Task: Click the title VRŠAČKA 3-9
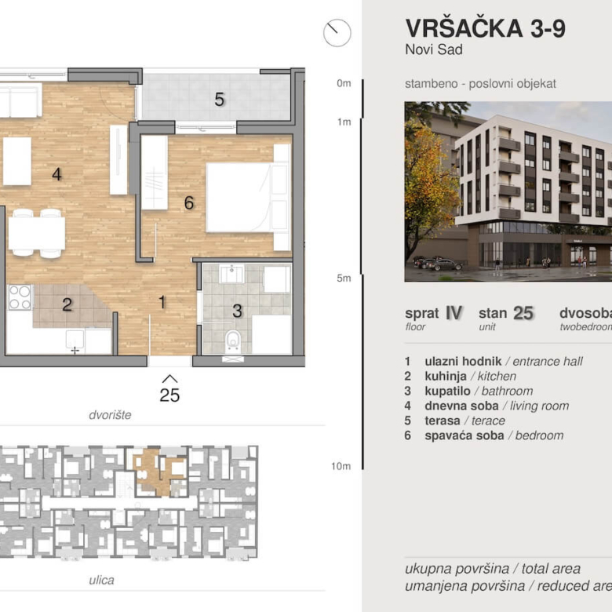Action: pos(485,28)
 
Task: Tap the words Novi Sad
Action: pos(434,50)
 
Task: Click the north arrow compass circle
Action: pos(337,33)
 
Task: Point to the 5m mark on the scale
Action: pos(344,278)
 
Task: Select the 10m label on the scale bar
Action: pos(341,466)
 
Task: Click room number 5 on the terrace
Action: pos(220,100)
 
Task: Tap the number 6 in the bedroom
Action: pos(189,203)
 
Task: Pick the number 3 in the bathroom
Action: pos(237,311)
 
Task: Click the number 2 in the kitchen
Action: pos(67,304)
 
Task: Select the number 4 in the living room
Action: pos(56,174)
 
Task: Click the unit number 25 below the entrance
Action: pos(169,395)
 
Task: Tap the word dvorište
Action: pos(110,414)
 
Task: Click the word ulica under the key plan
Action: pos(101,580)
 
